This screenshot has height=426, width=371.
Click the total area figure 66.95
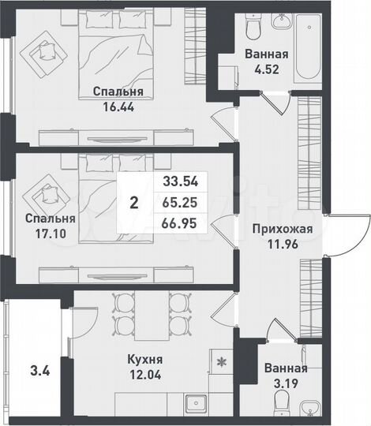pos(179,226)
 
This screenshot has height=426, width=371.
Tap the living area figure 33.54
pos(179,181)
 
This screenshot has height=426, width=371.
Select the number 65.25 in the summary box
pos(179,204)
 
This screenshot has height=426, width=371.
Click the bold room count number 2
pos(134,203)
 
